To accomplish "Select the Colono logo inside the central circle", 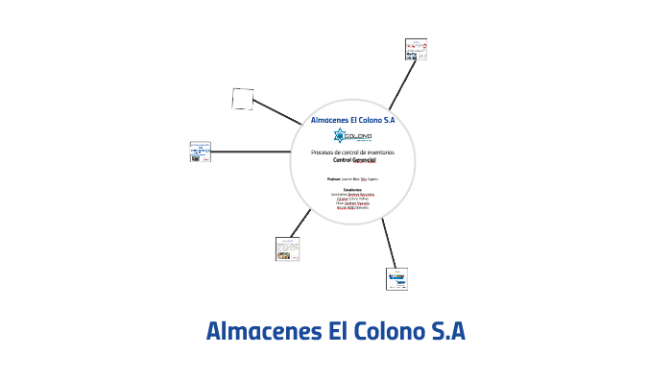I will [x=352, y=137].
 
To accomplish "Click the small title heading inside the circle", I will [x=352, y=121].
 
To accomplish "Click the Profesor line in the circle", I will [x=352, y=178].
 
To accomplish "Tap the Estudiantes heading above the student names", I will [x=352, y=189].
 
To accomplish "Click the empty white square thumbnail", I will [x=243, y=99].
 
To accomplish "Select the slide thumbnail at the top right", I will [x=416, y=50].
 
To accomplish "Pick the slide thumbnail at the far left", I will [x=201, y=152].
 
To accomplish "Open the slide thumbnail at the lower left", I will [x=287, y=248].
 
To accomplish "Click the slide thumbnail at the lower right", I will [x=397, y=278].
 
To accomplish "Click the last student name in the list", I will [x=352, y=207].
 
